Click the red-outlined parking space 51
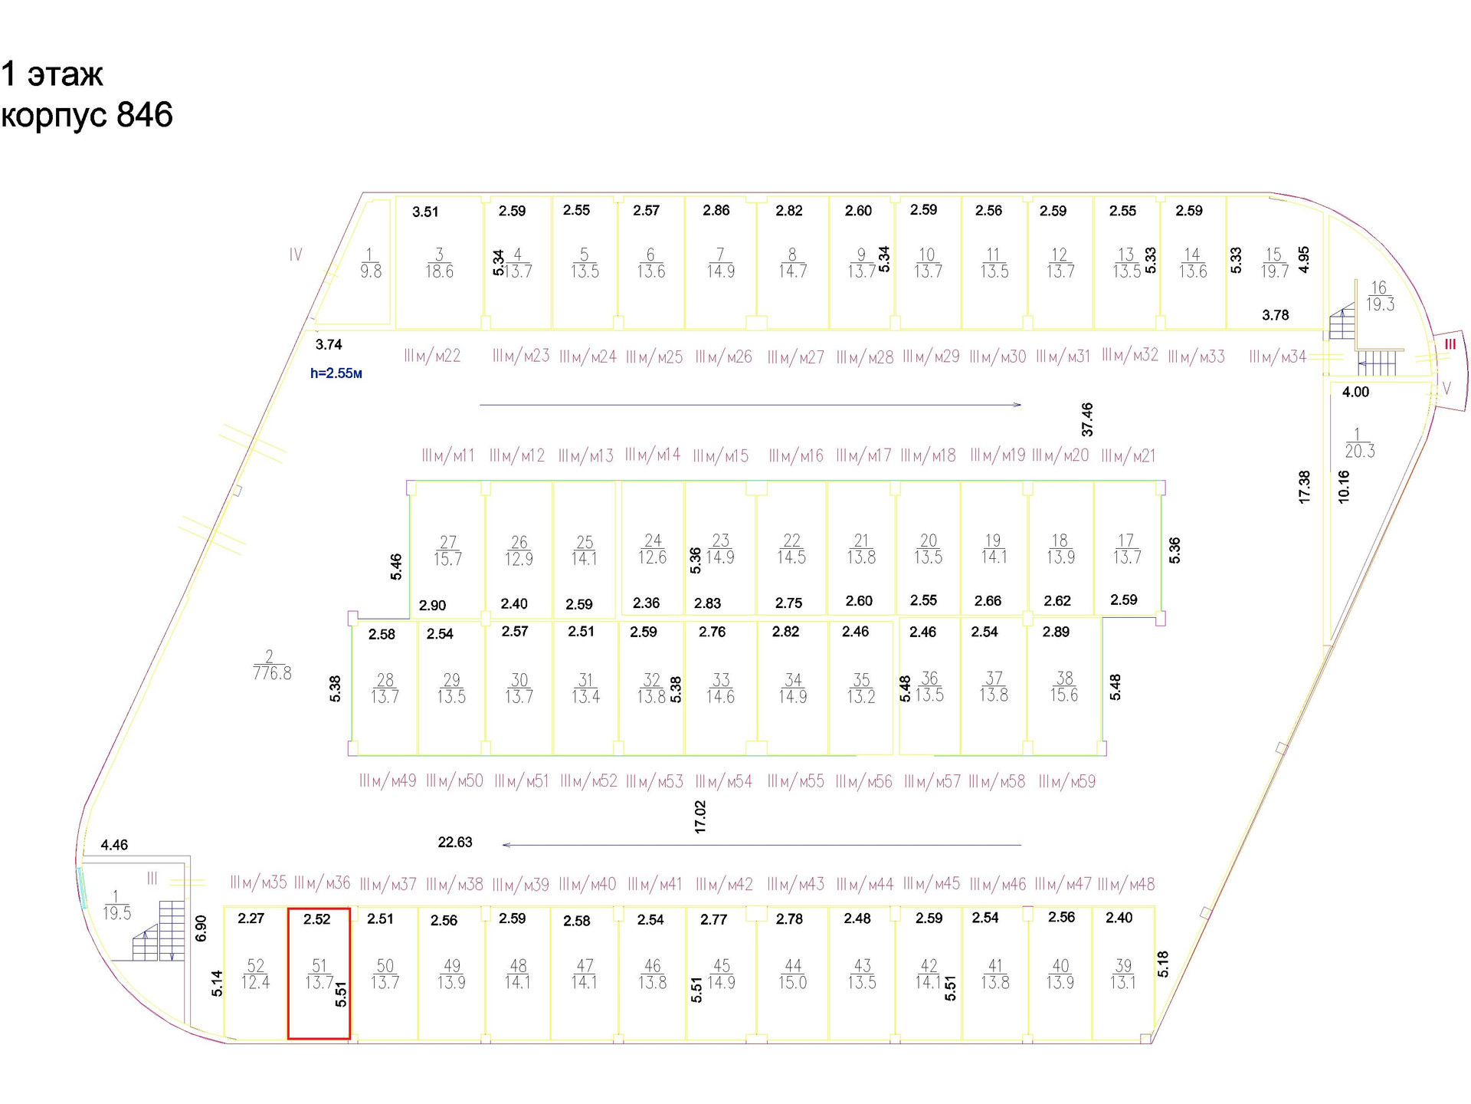(x=319, y=974)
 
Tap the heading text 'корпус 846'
(x=87, y=115)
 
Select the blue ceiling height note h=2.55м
(x=336, y=373)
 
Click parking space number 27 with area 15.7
(x=447, y=550)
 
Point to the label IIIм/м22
(x=432, y=356)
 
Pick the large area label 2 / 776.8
(x=271, y=665)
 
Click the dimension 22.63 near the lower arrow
(x=454, y=842)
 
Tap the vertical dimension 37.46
(x=1086, y=419)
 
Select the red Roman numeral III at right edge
(x=1450, y=344)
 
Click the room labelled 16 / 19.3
(x=1379, y=296)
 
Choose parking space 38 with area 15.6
(x=1063, y=687)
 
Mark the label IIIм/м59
(x=1066, y=781)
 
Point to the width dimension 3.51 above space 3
(x=425, y=212)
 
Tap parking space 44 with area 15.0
(x=792, y=974)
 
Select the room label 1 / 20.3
(x=1359, y=443)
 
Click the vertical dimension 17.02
(x=699, y=816)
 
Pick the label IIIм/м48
(x=1125, y=884)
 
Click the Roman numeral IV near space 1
(x=296, y=255)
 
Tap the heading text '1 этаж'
(x=52, y=74)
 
